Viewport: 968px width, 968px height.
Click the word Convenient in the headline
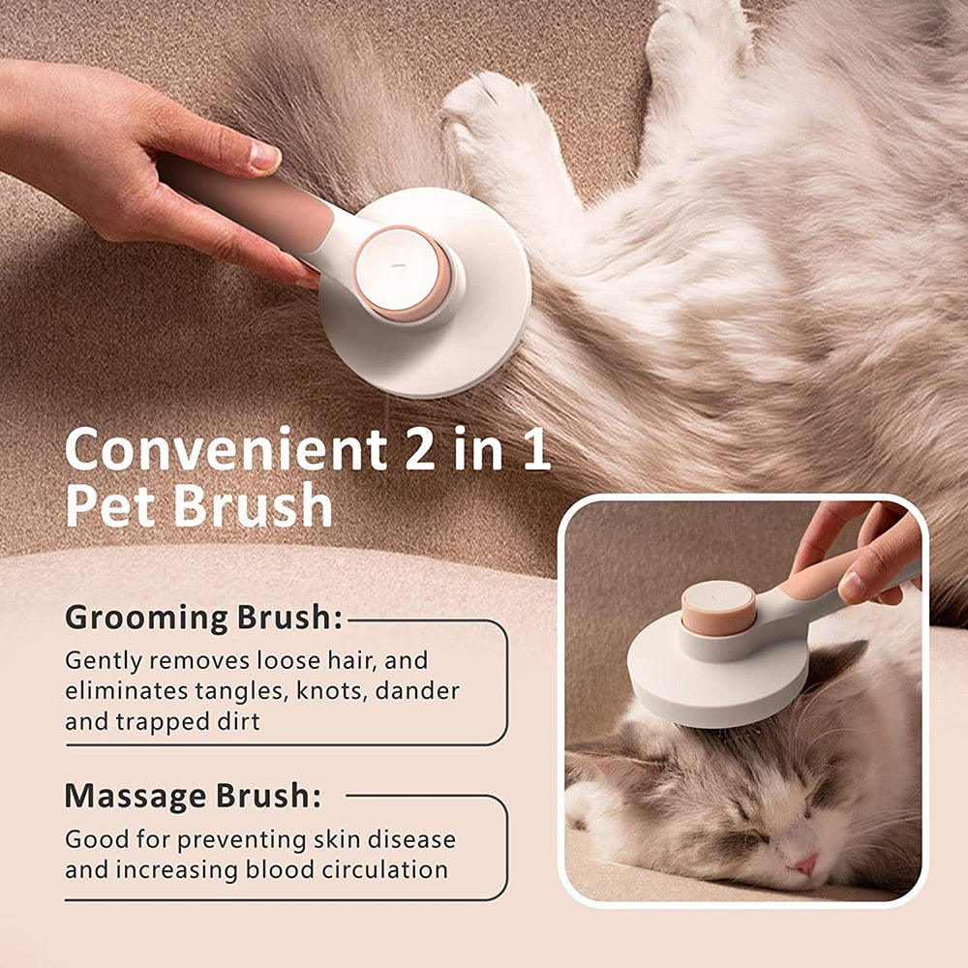(226, 448)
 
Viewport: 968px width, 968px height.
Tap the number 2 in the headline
(420, 448)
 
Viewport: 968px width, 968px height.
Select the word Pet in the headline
(110, 506)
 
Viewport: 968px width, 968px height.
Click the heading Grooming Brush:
(203, 618)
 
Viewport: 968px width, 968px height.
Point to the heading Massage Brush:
(193, 796)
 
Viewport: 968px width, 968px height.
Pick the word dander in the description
(417, 691)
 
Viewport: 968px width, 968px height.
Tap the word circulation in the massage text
(391, 869)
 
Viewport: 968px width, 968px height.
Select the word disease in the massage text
(411, 839)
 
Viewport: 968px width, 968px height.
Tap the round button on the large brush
(402, 272)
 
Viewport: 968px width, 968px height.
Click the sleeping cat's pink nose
(805, 864)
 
